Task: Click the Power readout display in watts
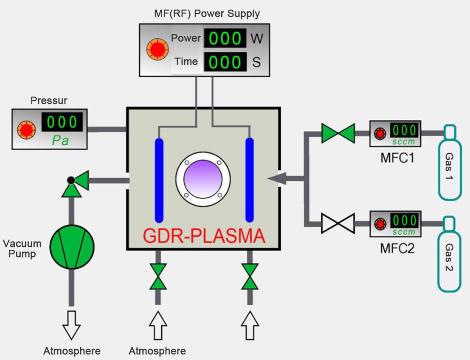click(x=225, y=38)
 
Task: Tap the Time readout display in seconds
click(x=225, y=62)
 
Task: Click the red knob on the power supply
click(x=158, y=49)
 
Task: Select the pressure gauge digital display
click(x=62, y=122)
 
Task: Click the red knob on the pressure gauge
click(x=26, y=130)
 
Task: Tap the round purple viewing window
click(x=203, y=179)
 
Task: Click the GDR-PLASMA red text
click(x=204, y=236)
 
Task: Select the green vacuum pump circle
click(x=72, y=247)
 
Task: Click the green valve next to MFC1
click(x=338, y=133)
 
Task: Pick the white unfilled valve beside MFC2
click(x=338, y=223)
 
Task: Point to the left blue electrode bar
click(x=159, y=180)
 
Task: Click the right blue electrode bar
click(x=249, y=180)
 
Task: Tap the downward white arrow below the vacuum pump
click(x=71, y=325)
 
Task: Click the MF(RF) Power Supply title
click(x=207, y=14)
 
